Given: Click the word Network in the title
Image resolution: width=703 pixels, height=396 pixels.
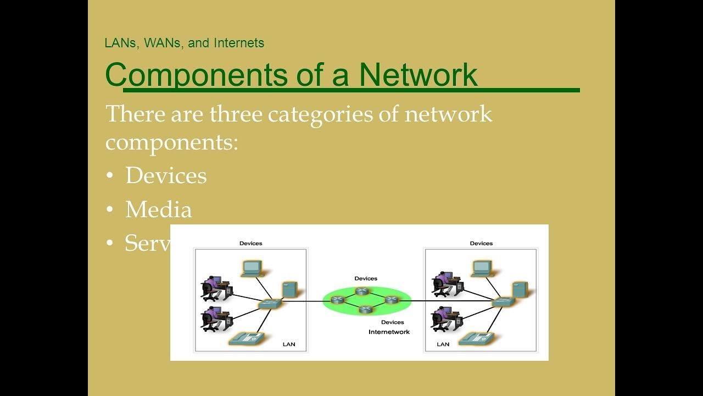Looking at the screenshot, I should (418, 75).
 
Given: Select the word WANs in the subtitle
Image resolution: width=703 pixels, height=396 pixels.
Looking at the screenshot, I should (162, 43).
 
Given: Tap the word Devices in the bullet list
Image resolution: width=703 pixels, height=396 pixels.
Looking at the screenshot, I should (166, 176).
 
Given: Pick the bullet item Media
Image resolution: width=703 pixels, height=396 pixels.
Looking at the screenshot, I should (158, 210).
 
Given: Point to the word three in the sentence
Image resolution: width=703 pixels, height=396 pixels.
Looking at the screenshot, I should (235, 114).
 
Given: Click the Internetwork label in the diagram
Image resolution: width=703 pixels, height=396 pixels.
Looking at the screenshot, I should (389, 332).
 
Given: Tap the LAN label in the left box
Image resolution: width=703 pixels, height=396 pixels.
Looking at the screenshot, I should (288, 344).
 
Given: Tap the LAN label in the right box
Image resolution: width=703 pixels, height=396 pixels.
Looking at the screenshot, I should (443, 344).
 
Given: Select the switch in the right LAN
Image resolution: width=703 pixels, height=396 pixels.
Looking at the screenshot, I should (503, 301).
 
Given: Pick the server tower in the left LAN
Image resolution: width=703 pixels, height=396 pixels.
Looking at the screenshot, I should (289, 290).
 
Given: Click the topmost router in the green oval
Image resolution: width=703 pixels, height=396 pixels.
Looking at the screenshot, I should (361, 291).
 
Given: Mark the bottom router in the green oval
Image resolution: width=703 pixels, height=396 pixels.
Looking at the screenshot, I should (365, 310).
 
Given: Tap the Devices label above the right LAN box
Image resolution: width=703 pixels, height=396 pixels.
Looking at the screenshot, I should (481, 243).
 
